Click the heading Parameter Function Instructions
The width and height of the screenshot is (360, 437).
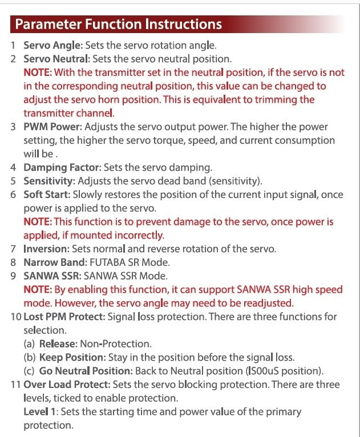[x=119, y=25]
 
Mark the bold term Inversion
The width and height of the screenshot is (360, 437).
[x=45, y=249]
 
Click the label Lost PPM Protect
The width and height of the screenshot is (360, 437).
[x=59, y=317]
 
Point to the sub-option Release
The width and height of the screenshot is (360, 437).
[x=59, y=344]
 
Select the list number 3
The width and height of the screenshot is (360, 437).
[x=13, y=127]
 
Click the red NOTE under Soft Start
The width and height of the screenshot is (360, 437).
[x=38, y=222]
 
